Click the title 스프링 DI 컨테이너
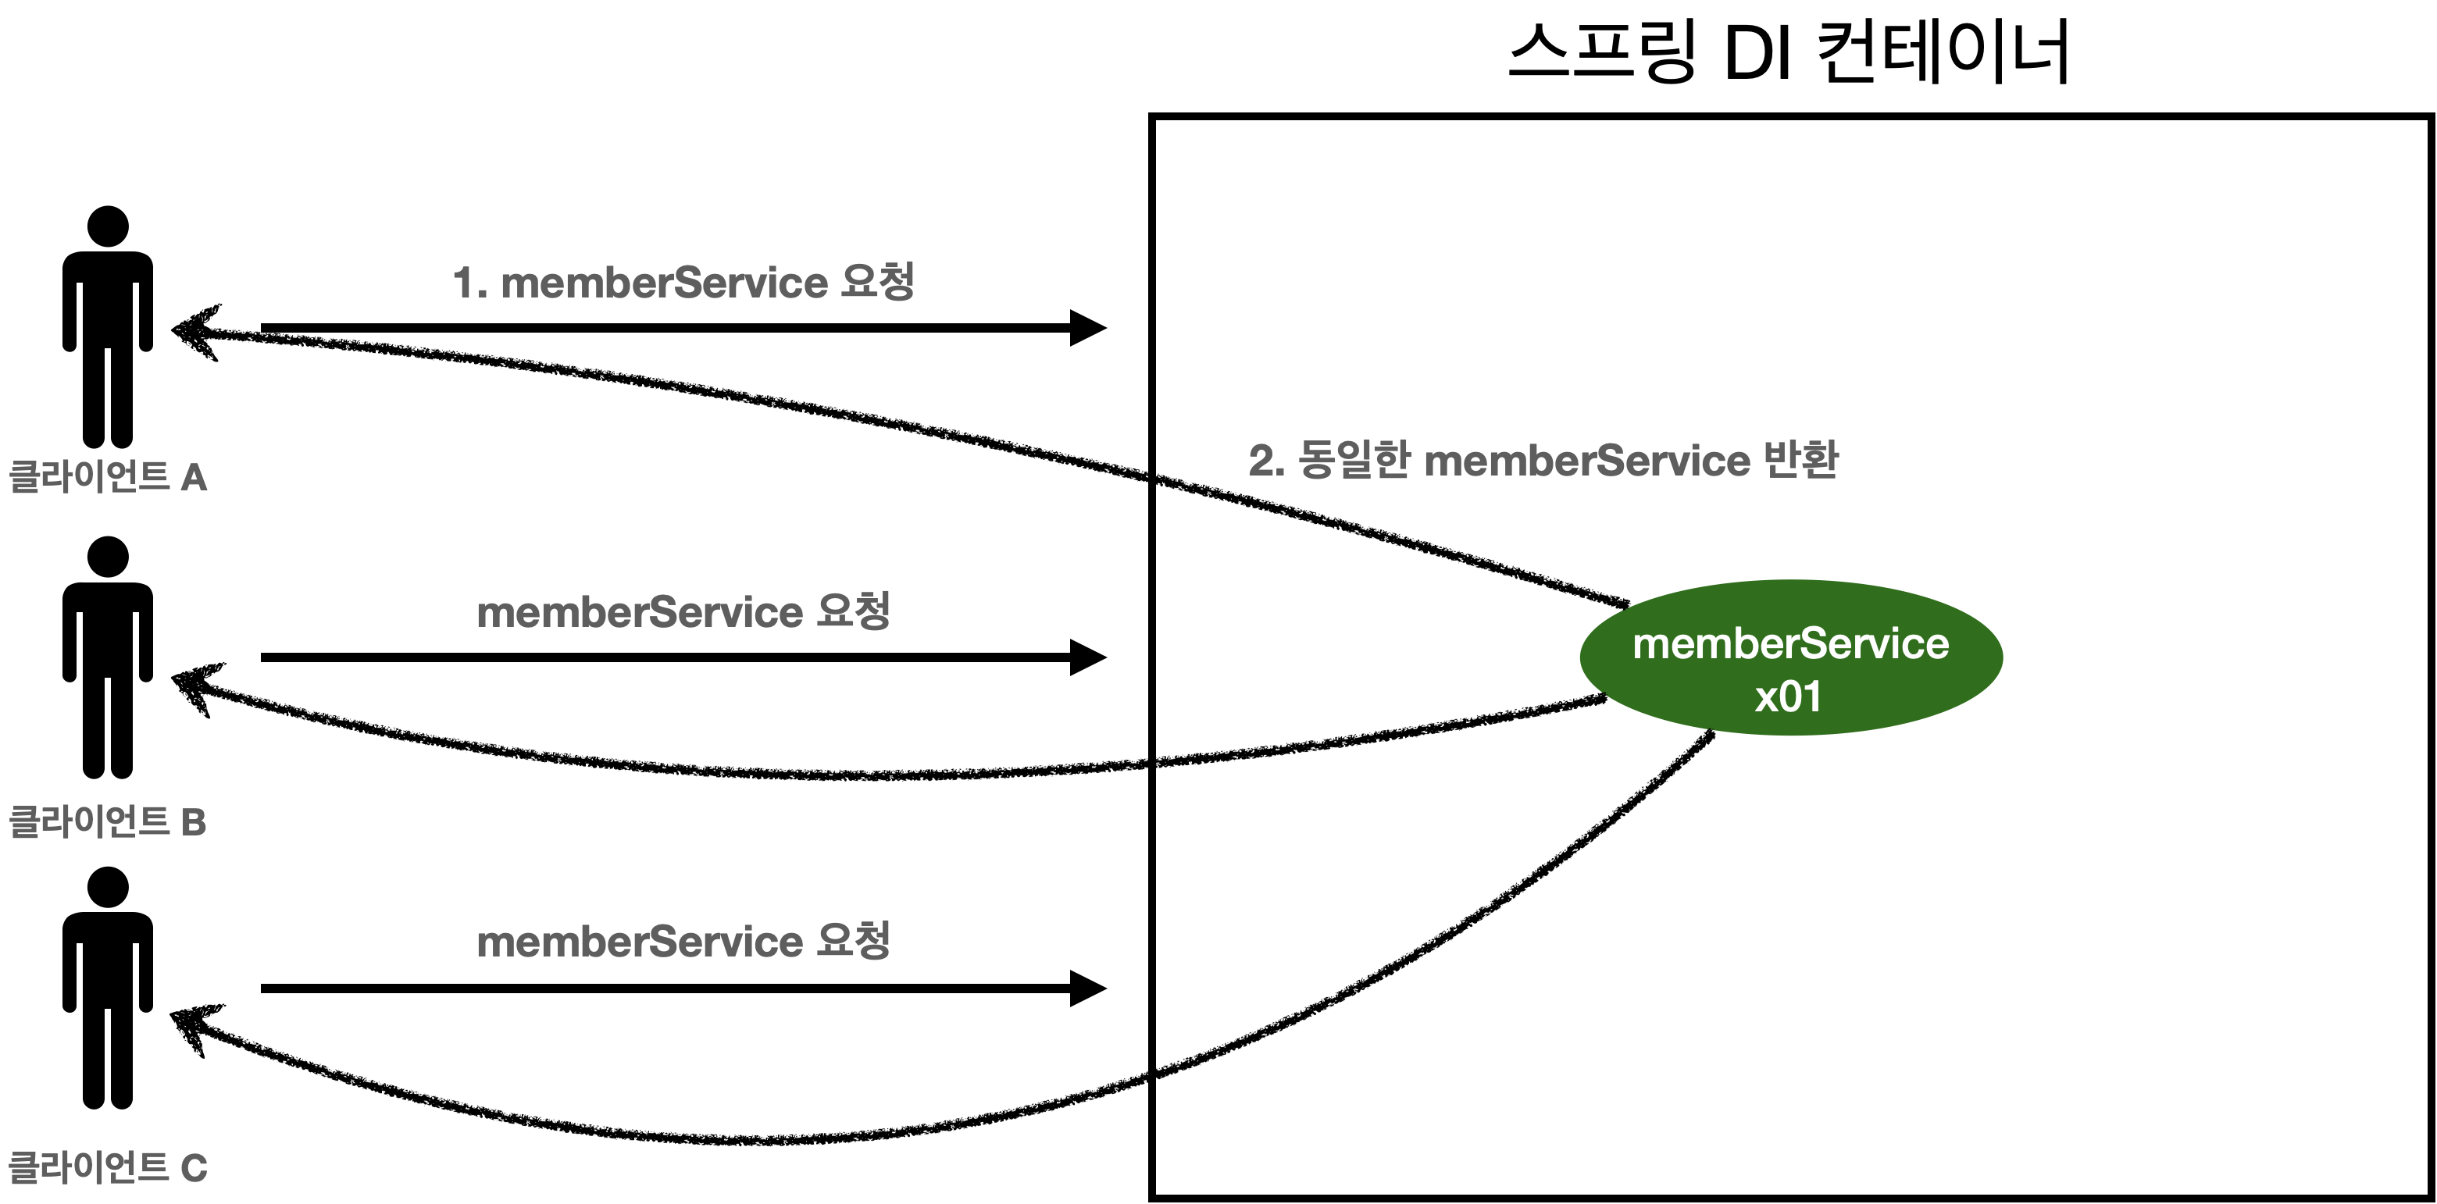pos(1788,52)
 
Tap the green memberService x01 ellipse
pos(1791,657)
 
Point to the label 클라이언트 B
pos(107,821)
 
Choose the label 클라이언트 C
pos(107,1167)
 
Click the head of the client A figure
pos(108,227)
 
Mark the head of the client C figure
pos(108,887)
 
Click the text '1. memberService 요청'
pos(683,282)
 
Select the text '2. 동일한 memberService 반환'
pos(1543,461)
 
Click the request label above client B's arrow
pos(683,611)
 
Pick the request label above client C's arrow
pos(683,941)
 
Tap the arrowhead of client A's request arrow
pos(1088,328)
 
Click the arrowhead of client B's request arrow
pos(1088,657)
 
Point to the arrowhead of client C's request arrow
pos(1088,988)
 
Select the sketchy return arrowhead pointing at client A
pos(194,331)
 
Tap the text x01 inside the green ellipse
pos(1788,697)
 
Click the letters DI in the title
pos(1757,53)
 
